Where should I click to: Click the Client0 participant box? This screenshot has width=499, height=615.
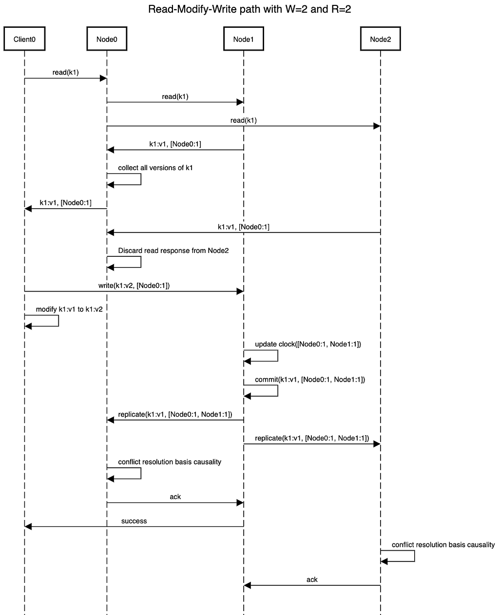(x=24, y=38)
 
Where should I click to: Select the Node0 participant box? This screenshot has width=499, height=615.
(x=107, y=38)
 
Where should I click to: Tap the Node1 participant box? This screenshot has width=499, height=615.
(x=244, y=38)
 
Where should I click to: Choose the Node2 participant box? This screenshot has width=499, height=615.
(x=380, y=38)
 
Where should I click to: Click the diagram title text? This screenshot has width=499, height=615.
(x=249, y=9)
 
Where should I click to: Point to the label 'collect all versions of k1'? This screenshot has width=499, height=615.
(x=155, y=168)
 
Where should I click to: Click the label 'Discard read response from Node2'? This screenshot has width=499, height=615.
(x=173, y=250)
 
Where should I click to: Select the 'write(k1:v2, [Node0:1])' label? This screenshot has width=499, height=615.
(x=134, y=286)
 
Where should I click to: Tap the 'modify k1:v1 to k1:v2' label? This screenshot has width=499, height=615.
(x=69, y=309)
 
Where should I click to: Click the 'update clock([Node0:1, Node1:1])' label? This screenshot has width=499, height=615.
(x=308, y=344)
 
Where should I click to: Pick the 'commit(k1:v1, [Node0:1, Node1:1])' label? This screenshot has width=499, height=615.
(x=310, y=380)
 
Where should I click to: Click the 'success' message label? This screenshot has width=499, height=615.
(x=134, y=521)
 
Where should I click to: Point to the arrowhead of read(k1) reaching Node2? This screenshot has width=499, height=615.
(x=377, y=126)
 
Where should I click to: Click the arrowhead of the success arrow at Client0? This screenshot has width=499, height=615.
(x=28, y=526)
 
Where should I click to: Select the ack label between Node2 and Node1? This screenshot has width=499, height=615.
(x=312, y=579)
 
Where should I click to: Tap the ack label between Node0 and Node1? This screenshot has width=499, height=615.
(x=175, y=497)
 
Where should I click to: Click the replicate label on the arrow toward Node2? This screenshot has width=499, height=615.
(x=312, y=438)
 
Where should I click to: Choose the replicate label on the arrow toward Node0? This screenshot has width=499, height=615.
(x=175, y=414)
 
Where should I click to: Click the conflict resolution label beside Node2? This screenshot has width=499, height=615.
(x=443, y=544)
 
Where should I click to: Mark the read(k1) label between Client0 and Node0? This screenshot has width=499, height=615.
(x=66, y=72)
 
